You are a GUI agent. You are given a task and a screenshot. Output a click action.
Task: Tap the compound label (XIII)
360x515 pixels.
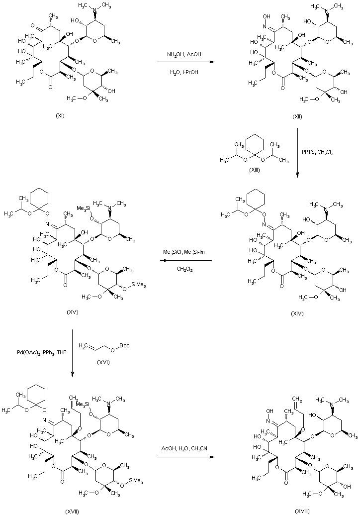(254, 170)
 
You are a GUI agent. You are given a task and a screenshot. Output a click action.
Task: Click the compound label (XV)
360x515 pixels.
(74, 312)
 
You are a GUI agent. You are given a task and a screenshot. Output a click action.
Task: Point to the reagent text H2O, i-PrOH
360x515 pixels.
(183, 71)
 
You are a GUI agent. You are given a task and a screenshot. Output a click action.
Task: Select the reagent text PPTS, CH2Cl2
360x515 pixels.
(319, 153)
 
